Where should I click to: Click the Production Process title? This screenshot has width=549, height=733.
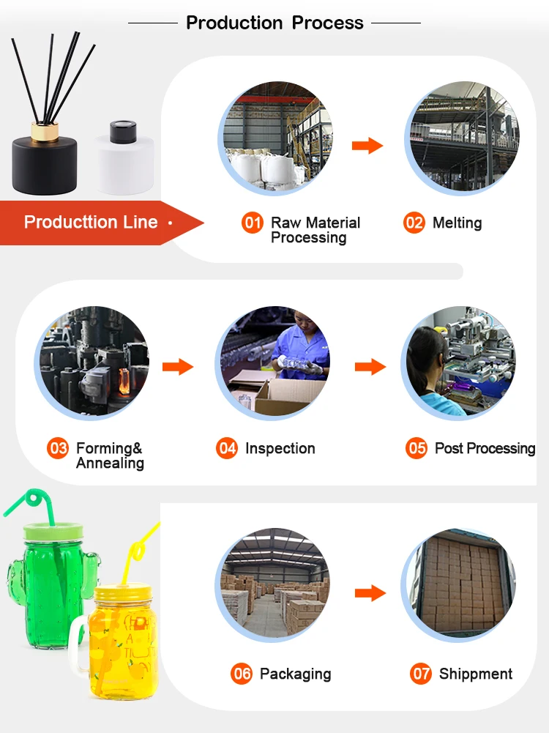click(x=274, y=23)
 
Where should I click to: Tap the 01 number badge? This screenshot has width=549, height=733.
click(x=253, y=223)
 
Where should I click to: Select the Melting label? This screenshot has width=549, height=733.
click(x=457, y=223)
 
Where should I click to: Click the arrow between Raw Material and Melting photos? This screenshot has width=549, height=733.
click(x=367, y=146)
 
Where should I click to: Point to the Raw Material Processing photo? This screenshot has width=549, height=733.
click(x=276, y=138)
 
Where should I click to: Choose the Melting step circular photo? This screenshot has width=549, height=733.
click(x=462, y=138)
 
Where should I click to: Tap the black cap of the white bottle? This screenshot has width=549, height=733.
click(x=119, y=133)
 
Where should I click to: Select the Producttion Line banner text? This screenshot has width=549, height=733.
click(x=91, y=222)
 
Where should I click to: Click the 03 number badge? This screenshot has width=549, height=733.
click(x=58, y=448)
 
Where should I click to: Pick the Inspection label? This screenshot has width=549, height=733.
click(x=280, y=448)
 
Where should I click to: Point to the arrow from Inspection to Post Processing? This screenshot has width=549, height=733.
click(x=370, y=366)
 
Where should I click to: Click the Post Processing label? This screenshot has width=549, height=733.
click(x=485, y=448)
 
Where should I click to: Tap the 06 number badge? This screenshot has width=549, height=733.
click(x=242, y=674)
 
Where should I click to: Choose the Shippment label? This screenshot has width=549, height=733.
click(x=475, y=674)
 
